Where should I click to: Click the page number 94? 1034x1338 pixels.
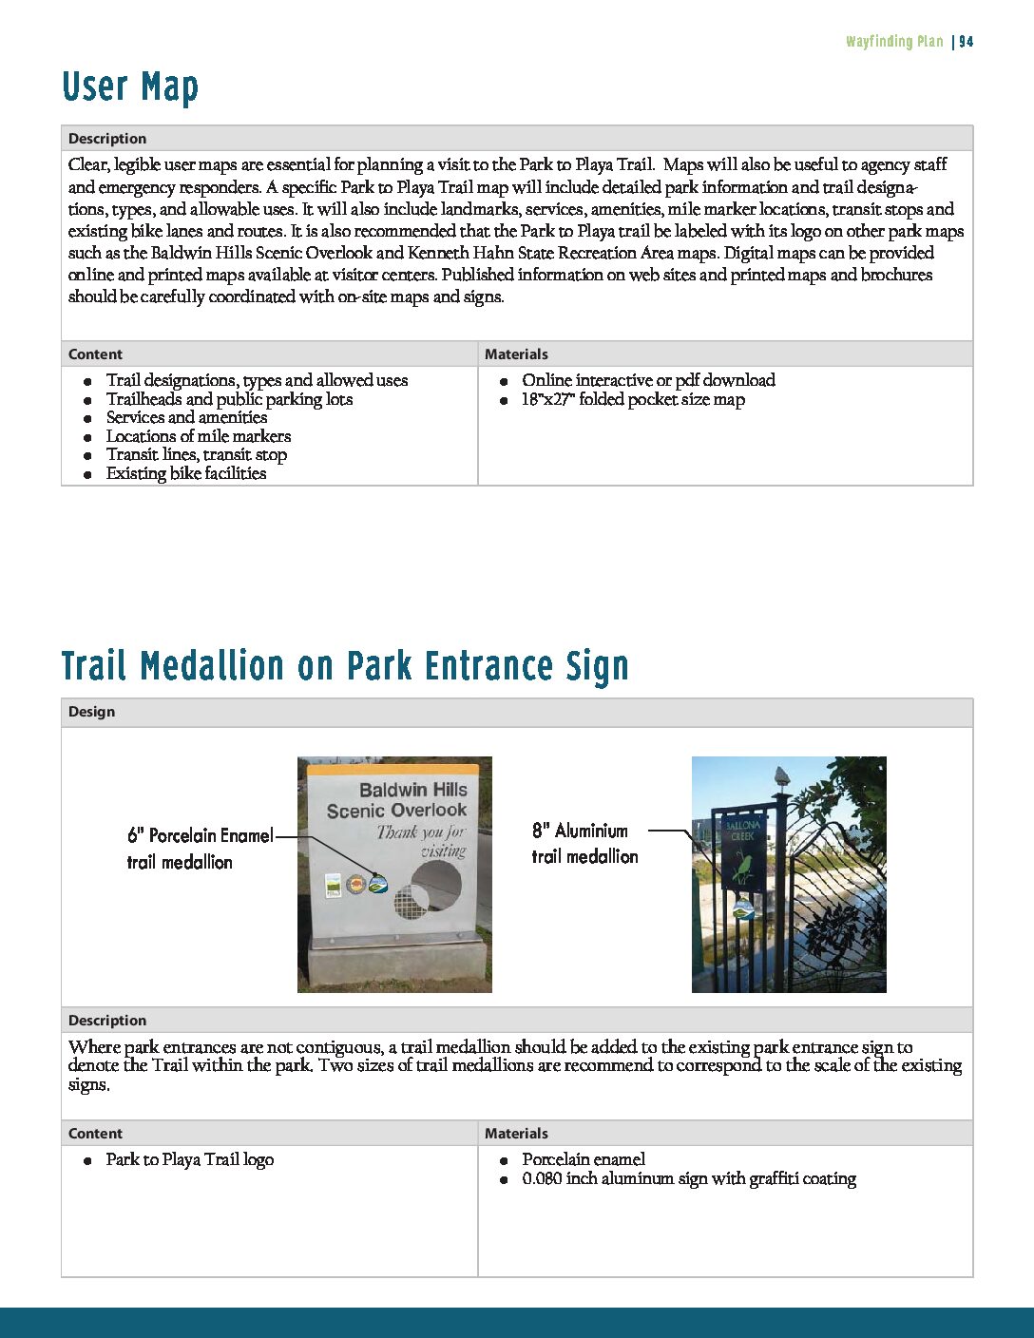click(966, 42)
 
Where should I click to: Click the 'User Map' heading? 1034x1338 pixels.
click(130, 87)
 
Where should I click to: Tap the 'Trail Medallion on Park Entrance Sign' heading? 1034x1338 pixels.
click(345, 666)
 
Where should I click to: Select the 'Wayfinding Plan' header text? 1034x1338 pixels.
click(894, 42)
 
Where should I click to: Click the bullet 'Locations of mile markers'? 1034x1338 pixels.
click(198, 436)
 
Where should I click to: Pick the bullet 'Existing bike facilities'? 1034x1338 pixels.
click(185, 473)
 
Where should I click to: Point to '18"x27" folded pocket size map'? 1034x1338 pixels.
click(632, 399)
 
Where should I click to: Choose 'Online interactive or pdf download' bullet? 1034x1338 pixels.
click(648, 380)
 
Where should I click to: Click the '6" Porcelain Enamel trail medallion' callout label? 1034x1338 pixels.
click(199, 848)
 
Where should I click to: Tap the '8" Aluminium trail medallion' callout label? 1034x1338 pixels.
click(584, 843)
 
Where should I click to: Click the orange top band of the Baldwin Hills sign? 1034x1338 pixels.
click(394, 770)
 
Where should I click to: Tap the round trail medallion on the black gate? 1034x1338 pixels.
click(744, 909)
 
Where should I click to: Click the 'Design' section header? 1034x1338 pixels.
click(91, 712)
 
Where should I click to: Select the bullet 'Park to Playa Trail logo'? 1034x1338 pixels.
click(189, 1159)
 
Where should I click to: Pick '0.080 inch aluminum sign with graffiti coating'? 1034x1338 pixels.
click(688, 1178)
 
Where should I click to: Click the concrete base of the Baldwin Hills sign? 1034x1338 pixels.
click(397, 964)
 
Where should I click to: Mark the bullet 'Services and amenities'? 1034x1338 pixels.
click(186, 417)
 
